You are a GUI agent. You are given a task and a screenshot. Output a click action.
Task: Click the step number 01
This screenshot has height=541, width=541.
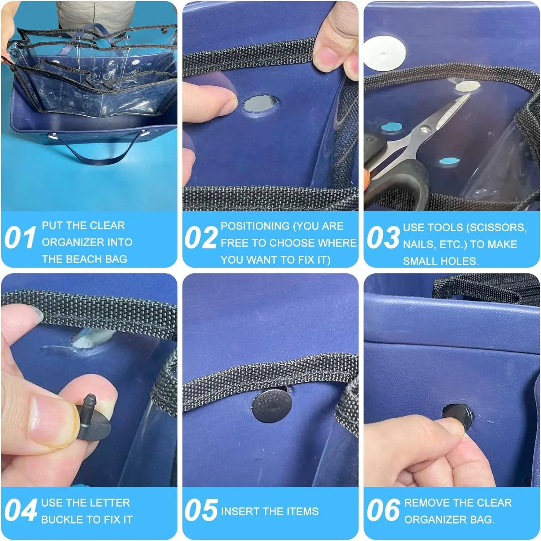pos(20,238)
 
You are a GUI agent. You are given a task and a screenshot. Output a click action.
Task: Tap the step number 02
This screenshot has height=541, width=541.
pos(201,238)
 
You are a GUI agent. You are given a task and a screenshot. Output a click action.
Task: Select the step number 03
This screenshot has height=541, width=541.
pos(383,238)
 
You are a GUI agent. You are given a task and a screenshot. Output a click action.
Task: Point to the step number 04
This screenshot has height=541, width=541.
pos(21,510)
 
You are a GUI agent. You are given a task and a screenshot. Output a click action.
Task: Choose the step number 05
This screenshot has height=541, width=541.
pos(201,510)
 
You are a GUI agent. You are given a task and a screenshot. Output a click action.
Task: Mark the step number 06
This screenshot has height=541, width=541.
pos(383,510)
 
